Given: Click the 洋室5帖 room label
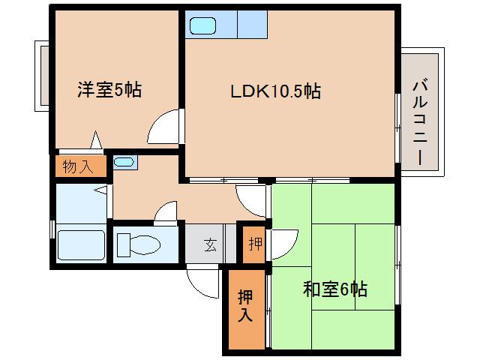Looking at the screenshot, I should pos(109,91).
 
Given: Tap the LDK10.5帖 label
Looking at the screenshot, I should pos(275,91).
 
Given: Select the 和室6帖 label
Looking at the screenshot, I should pos(334,288).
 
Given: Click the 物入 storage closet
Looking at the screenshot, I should pos(78,166).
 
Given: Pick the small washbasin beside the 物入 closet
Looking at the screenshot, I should pos(124,161).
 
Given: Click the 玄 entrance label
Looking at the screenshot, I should pos(211,244).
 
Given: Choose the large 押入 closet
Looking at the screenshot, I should pos(245,305).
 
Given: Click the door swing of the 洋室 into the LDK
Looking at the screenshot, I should pos(165,126).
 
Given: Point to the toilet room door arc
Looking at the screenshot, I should pos(166,212).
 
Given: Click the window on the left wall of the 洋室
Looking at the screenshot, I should pos(40,76).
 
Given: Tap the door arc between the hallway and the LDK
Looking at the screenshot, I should pos(250,199).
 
